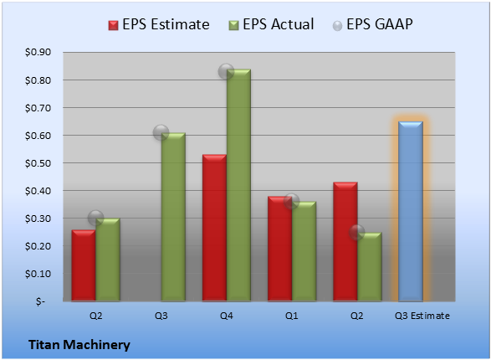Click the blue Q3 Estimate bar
point(411,212)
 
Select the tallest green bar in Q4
point(238,185)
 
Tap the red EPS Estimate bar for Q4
point(214,228)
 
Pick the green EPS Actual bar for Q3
point(173,217)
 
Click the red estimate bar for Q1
point(279,249)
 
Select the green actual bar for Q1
point(304,251)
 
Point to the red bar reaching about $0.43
point(345,242)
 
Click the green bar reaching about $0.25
point(370,266)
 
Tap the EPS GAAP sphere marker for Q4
point(226,71)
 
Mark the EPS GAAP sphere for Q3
point(161,132)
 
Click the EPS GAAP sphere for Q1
point(292,201)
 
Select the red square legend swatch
point(113,25)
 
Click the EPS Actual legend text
point(278,24)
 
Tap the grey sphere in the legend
point(337,26)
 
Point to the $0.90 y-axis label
point(38,52)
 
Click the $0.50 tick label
point(38,163)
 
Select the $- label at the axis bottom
point(40,301)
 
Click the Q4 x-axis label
point(227,316)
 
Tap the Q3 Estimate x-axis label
point(422,316)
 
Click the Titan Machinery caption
point(79,345)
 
